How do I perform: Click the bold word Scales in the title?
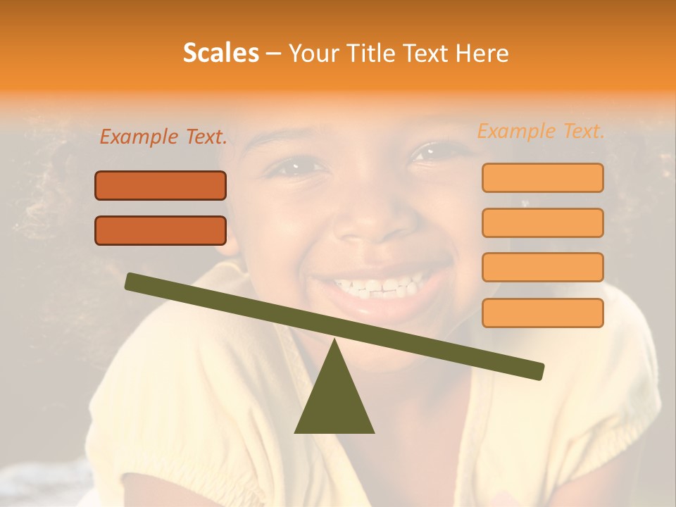click(x=220, y=54)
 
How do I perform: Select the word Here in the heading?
click(x=482, y=54)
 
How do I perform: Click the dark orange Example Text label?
click(x=163, y=137)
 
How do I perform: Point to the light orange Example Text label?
click(x=541, y=131)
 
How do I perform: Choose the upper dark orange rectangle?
click(x=161, y=185)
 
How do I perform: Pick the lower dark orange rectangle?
click(x=161, y=230)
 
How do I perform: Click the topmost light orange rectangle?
click(x=542, y=177)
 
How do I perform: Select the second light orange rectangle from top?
click(x=542, y=223)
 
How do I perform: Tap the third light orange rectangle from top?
click(x=542, y=267)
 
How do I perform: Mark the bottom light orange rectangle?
click(x=542, y=313)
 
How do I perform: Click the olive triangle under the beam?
click(x=334, y=401)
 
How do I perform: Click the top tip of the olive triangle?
click(x=335, y=343)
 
